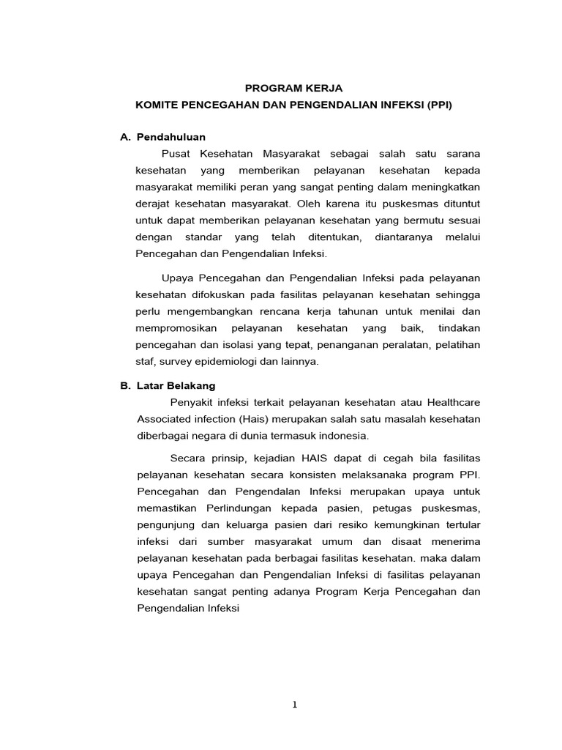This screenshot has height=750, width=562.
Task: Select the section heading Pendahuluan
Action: point(171,137)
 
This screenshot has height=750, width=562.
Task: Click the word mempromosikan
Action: point(176,328)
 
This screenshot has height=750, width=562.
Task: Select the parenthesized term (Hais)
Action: point(258,419)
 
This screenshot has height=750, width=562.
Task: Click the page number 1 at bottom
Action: point(294,705)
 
